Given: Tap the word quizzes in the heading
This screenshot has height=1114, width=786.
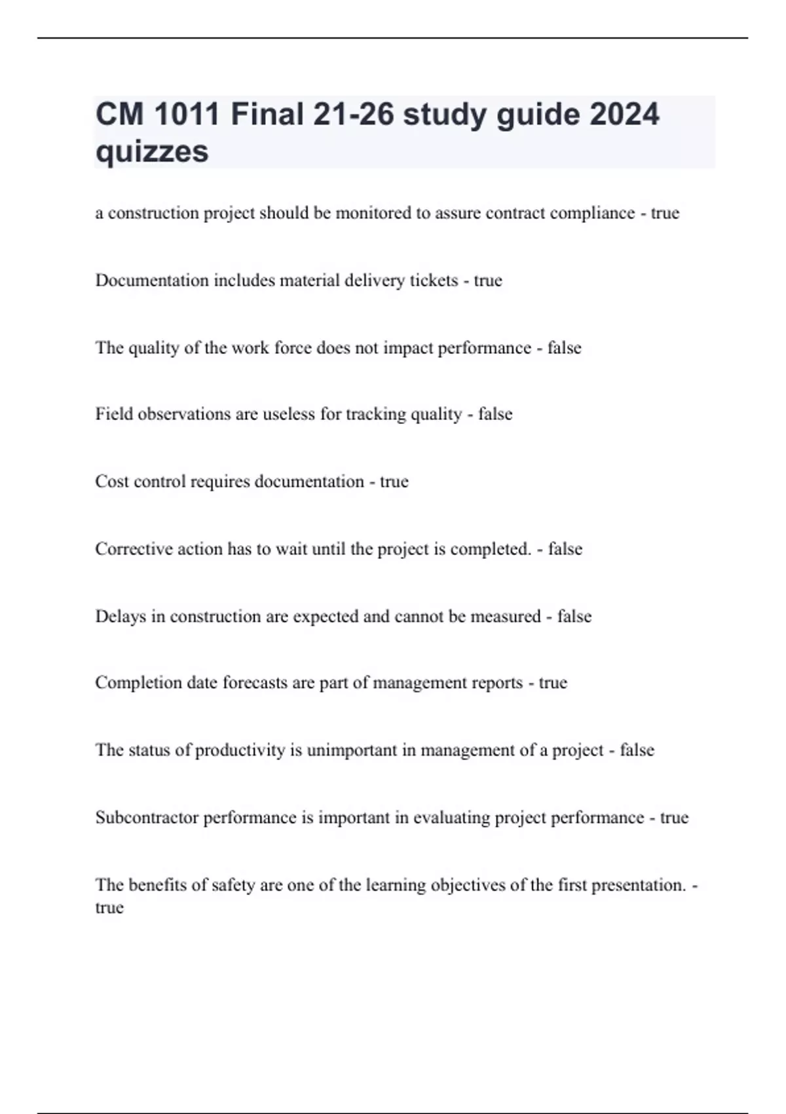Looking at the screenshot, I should click(x=152, y=151).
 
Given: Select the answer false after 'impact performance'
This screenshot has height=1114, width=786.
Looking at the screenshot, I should click(x=564, y=347).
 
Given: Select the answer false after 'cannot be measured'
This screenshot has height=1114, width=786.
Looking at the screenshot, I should click(x=574, y=617).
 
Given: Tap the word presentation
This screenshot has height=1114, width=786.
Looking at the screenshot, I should click(x=639, y=885).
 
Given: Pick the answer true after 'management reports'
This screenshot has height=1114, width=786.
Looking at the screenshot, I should click(x=553, y=683).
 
